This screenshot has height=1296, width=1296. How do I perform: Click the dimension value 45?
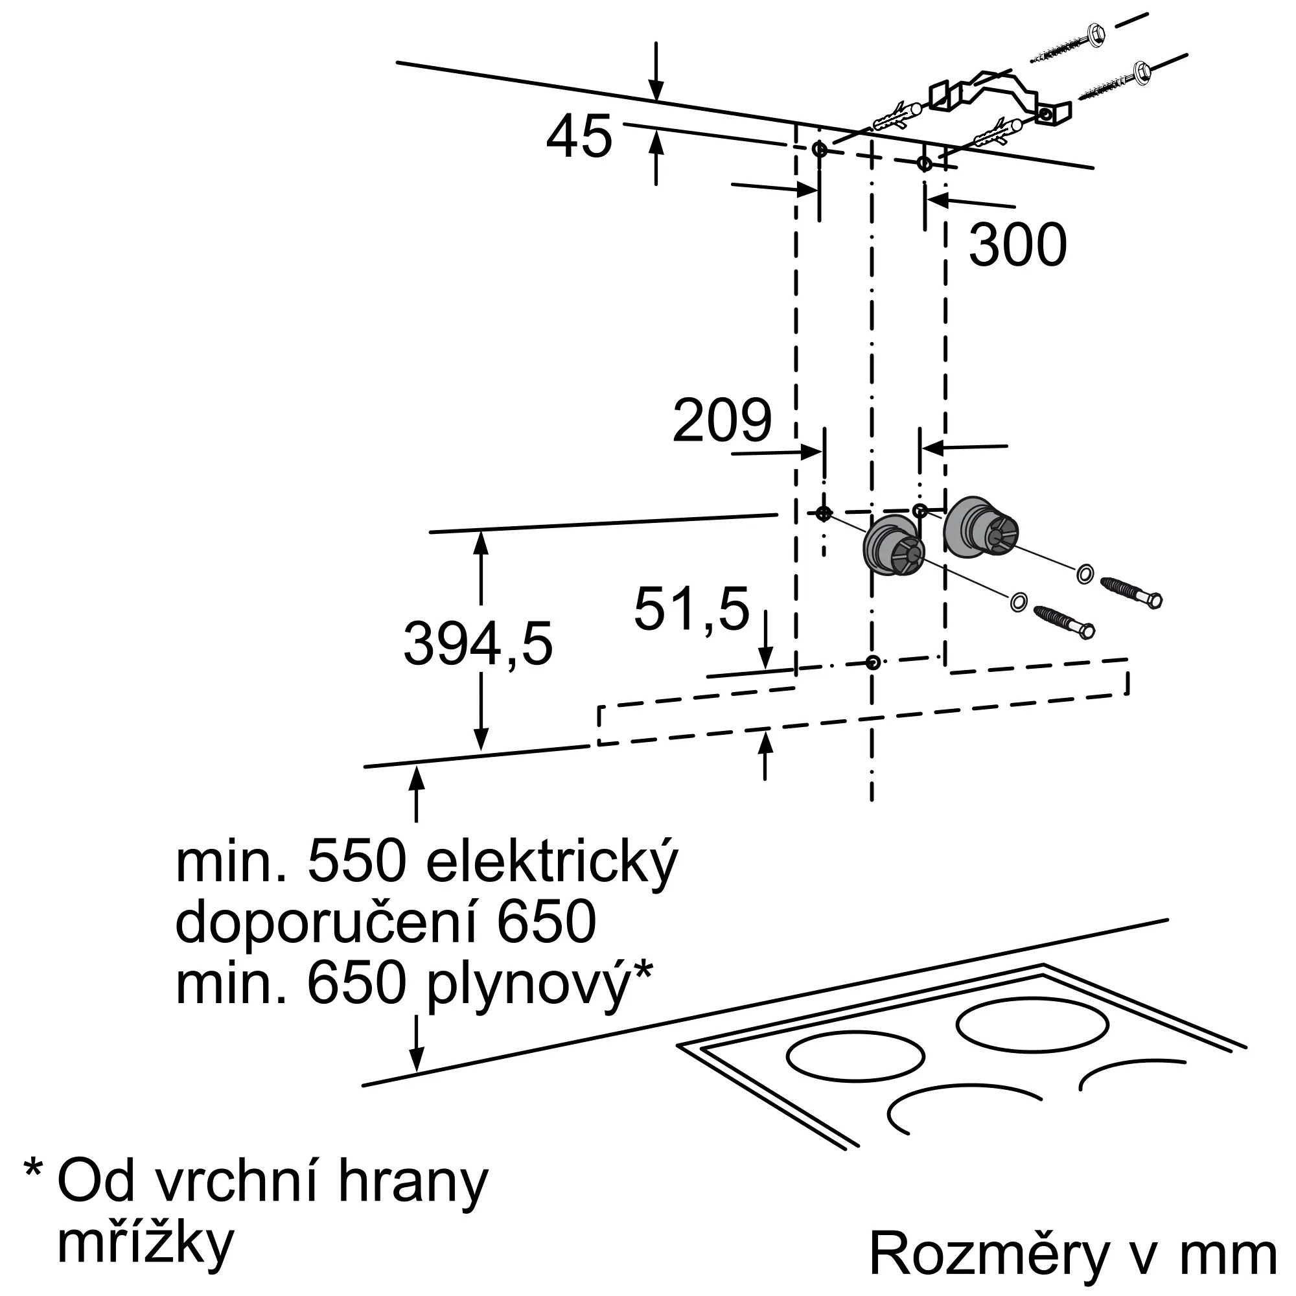click(x=579, y=136)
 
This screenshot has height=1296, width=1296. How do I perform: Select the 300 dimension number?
click(x=1017, y=245)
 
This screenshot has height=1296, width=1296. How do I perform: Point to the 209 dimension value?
click(x=722, y=420)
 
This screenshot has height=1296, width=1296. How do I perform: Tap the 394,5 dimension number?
click(x=478, y=644)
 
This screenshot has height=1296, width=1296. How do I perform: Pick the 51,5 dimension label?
click(x=691, y=609)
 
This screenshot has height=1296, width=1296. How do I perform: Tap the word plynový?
click(x=529, y=986)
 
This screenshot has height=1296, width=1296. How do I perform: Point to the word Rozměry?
click(x=989, y=1253)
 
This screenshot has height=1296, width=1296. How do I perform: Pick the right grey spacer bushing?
click(x=980, y=526)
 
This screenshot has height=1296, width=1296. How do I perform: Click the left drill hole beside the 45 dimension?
click(x=820, y=149)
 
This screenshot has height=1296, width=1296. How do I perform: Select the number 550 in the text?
click(x=357, y=862)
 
